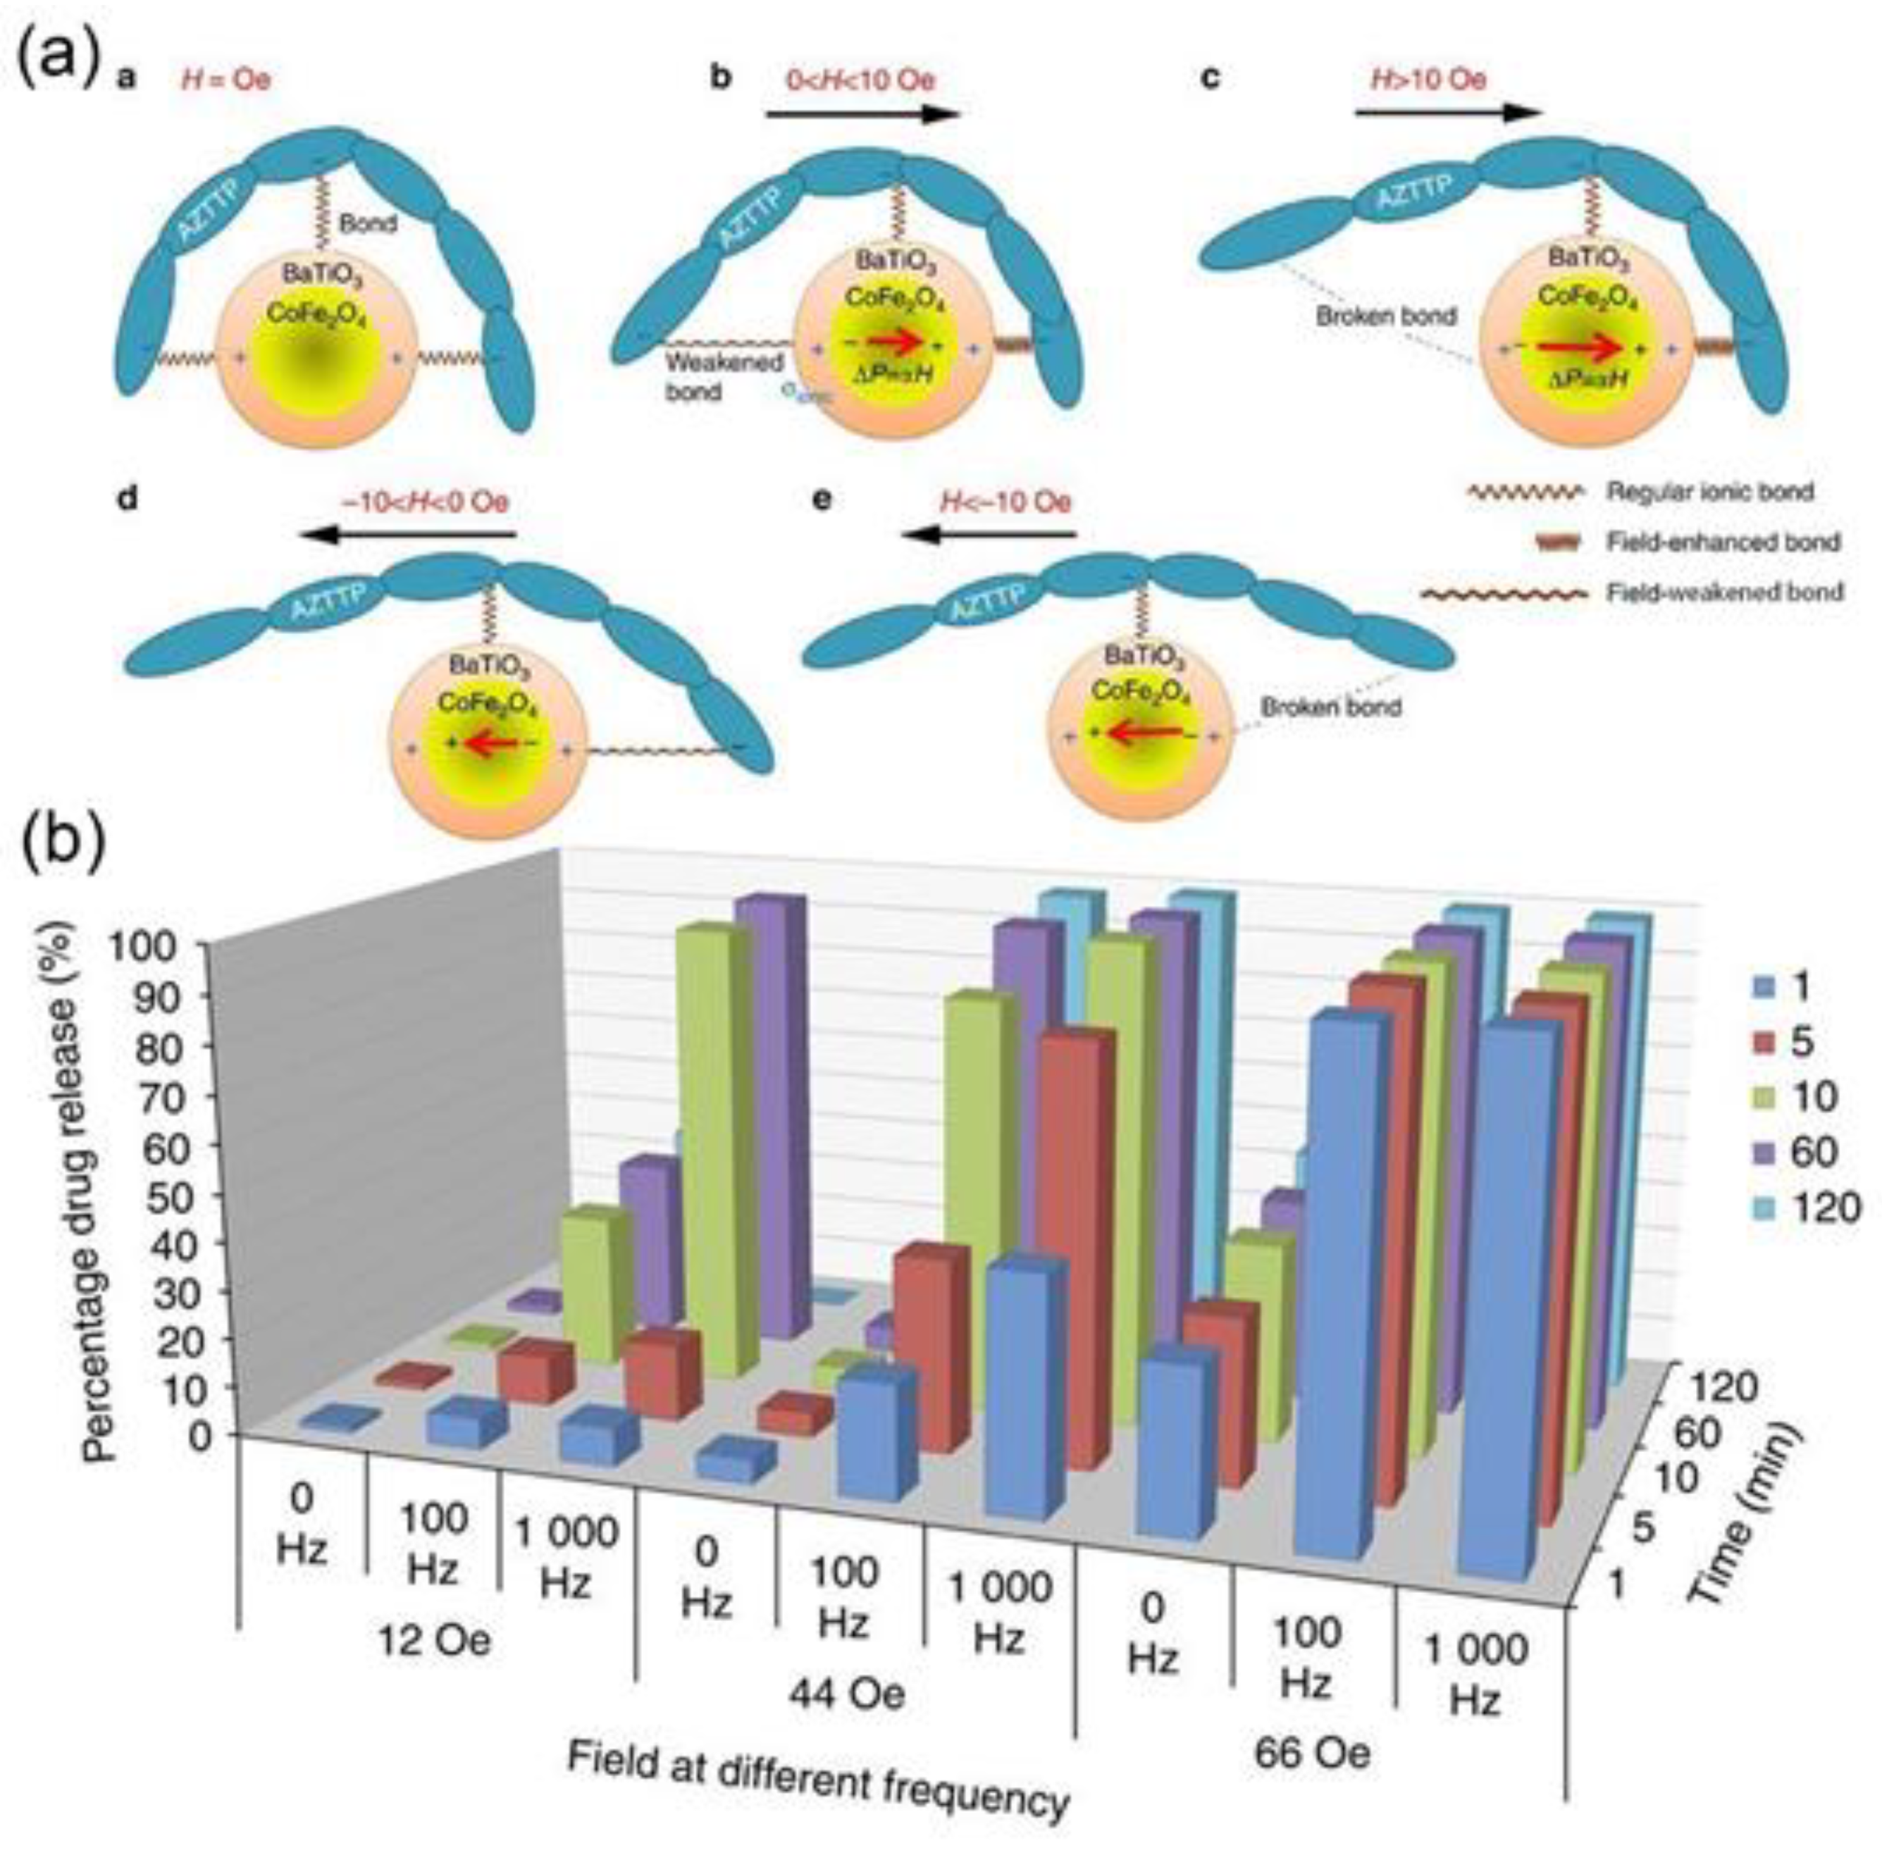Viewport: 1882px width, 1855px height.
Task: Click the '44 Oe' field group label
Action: (x=846, y=1694)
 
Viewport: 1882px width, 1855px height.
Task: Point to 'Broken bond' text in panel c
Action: (x=1385, y=316)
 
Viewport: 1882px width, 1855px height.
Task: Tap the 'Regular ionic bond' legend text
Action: (x=1709, y=492)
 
